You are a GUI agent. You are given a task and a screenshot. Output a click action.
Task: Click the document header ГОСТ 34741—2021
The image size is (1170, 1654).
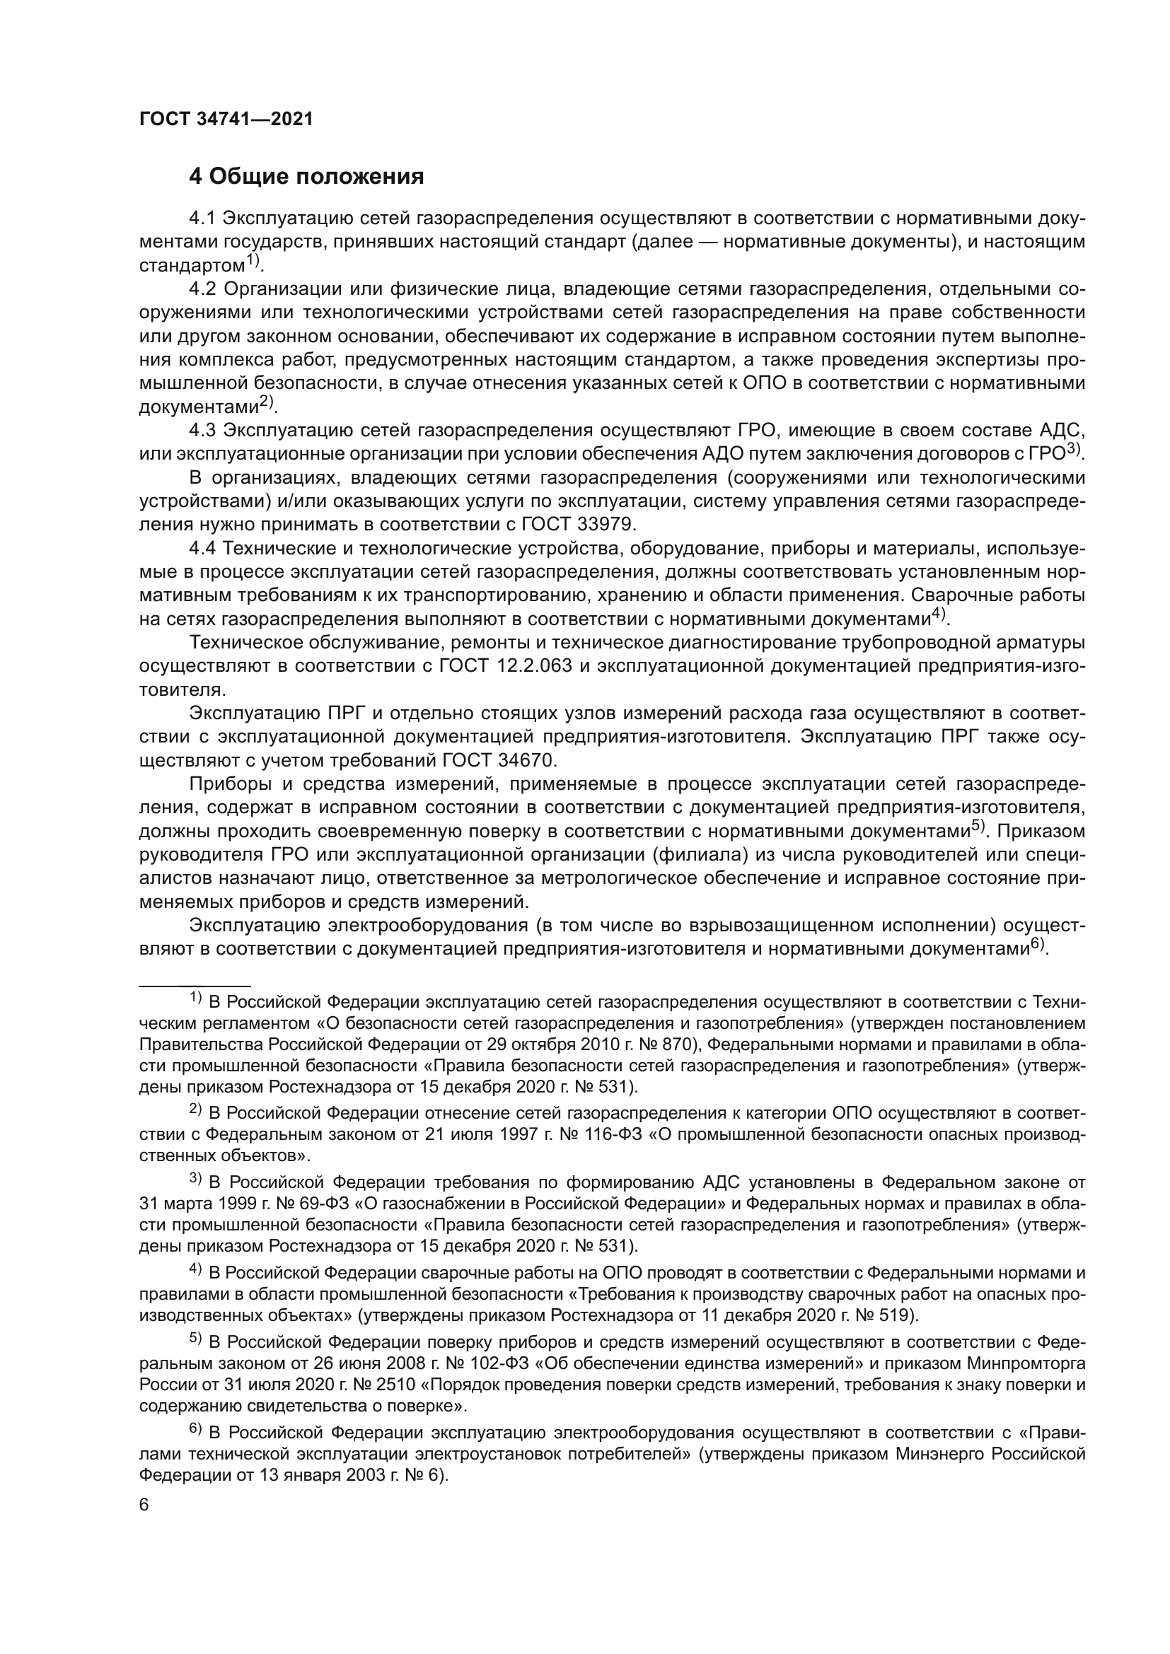click(x=226, y=120)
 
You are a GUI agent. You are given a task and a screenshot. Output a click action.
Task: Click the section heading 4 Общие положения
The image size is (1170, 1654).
click(x=306, y=177)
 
